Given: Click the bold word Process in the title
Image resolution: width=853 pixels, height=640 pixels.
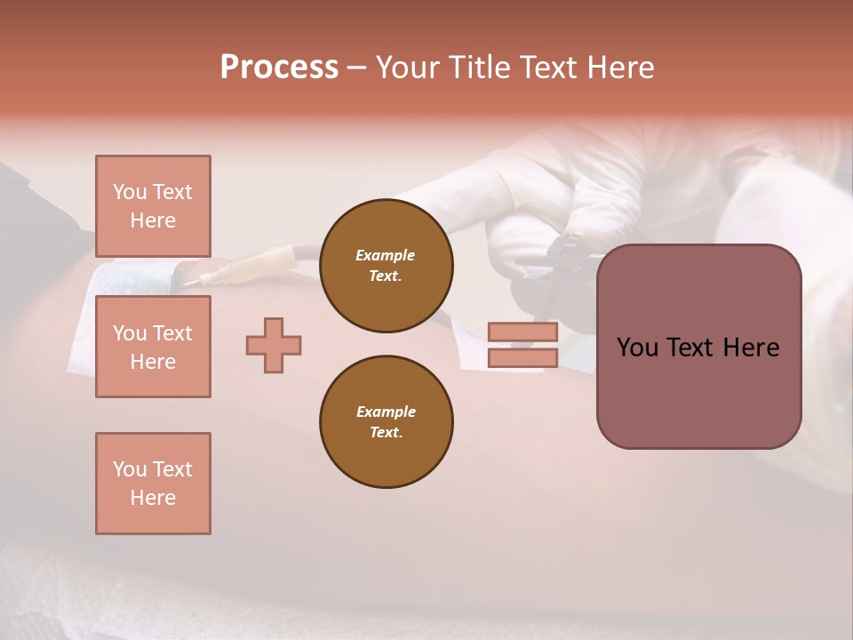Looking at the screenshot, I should [x=279, y=68].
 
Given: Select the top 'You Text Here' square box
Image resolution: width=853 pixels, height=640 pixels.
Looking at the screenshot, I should [x=153, y=206].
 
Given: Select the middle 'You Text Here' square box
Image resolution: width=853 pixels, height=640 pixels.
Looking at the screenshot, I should [x=153, y=347].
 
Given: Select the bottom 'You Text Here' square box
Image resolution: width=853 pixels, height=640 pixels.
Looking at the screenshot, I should [x=153, y=484].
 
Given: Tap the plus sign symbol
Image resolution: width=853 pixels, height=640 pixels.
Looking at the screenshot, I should [x=274, y=345].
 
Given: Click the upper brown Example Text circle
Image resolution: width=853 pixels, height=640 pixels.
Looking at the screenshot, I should [x=386, y=266].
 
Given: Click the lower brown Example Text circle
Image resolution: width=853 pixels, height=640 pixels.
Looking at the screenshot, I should [x=386, y=422].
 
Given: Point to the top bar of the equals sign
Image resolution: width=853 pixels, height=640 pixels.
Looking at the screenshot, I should [x=522, y=332].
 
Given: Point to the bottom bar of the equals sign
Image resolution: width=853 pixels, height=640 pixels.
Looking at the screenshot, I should [x=522, y=357].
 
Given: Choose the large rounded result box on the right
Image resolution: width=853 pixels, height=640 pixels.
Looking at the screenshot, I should [x=698, y=347].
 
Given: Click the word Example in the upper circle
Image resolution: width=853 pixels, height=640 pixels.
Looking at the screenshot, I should [x=386, y=255].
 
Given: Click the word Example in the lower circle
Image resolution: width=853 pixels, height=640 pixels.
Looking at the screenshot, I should [x=386, y=412].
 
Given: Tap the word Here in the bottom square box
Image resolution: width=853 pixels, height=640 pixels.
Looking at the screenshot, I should [x=153, y=498].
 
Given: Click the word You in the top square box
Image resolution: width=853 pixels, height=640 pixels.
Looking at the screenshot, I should [x=130, y=192].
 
